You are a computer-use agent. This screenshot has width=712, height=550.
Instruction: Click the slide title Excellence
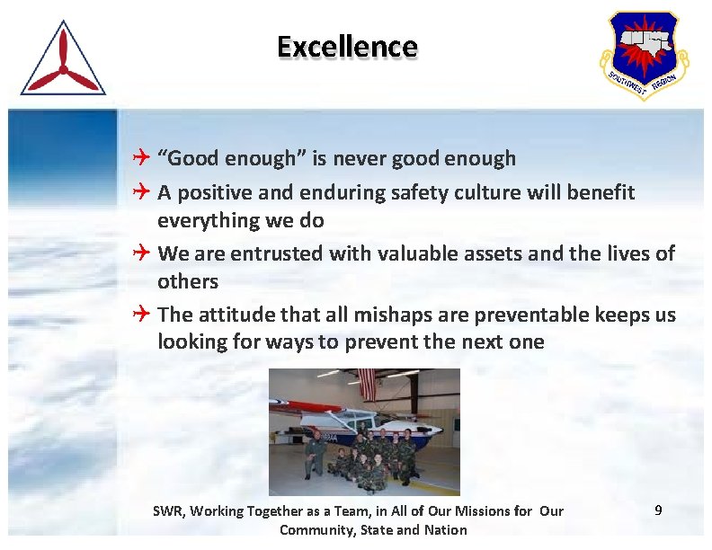coord(347,47)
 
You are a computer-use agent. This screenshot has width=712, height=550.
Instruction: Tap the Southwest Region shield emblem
coord(642,53)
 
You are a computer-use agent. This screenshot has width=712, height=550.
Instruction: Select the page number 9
coord(658,510)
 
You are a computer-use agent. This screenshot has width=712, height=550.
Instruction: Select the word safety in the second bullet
coord(422,192)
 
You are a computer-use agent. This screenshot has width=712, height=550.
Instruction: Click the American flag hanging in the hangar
coord(366,381)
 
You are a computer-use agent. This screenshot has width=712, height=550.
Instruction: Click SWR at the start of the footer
coord(166,511)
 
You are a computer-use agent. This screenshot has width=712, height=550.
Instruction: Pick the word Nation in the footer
coord(446,529)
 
